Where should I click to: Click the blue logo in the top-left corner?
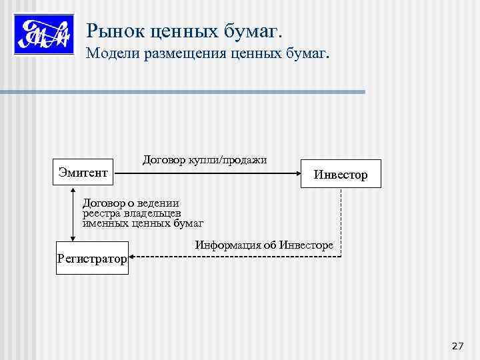click(43, 33)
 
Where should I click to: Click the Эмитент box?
click(83, 173)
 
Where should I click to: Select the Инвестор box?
click(341, 174)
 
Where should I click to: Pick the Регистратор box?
click(91, 257)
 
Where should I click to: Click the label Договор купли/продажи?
click(205, 159)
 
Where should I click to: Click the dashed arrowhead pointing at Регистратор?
click(133, 257)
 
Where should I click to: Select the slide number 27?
click(457, 345)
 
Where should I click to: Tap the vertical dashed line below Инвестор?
click(341, 220)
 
